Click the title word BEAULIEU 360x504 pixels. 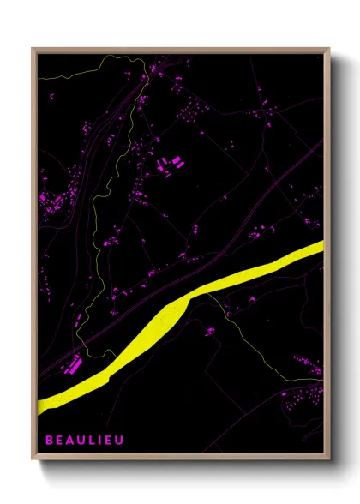pyautogui.click(x=85, y=439)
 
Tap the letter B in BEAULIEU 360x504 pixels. pyautogui.click(x=50, y=439)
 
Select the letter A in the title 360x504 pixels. pyautogui.click(x=69, y=439)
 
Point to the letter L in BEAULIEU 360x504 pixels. pyautogui.click(x=90, y=439)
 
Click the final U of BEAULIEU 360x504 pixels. pyautogui.click(x=120, y=439)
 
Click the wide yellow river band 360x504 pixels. pyautogui.click(x=163, y=326)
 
